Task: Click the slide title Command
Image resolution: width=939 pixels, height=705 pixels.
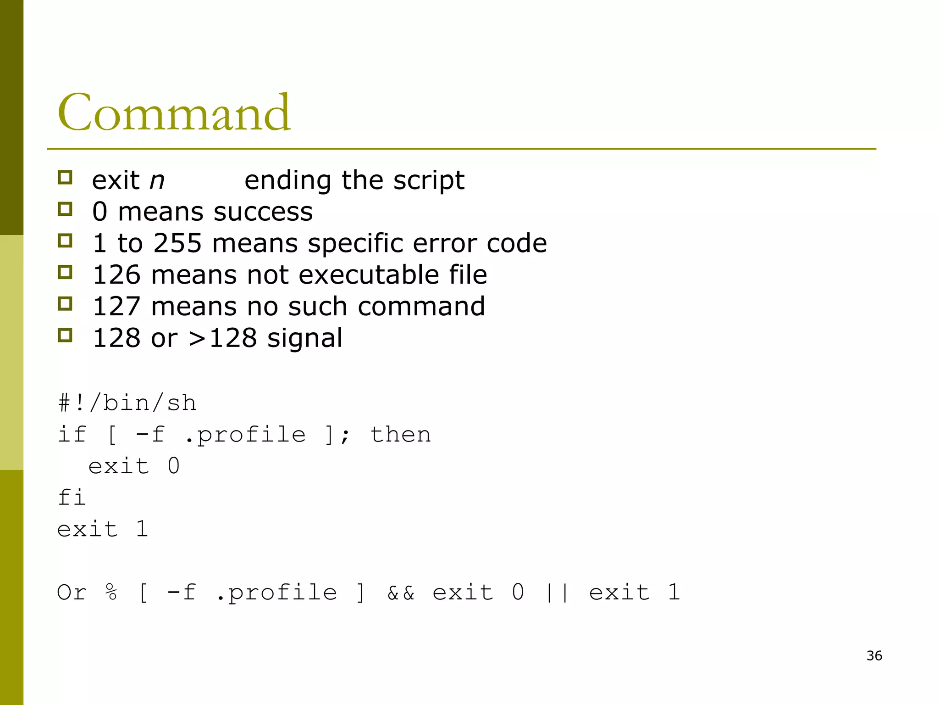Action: tap(174, 112)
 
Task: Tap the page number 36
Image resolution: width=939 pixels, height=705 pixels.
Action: tap(874, 656)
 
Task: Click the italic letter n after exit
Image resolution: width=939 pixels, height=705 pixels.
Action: tap(157, 181)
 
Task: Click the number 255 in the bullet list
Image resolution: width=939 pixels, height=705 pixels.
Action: tap(177, 243)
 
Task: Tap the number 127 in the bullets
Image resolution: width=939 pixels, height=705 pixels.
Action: tap(116, 307)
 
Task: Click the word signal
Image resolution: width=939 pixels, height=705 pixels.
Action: tap(305, 338)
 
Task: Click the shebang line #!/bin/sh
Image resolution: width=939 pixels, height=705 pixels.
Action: tap(127, 403)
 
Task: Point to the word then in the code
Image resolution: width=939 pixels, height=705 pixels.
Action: tap(400, 435)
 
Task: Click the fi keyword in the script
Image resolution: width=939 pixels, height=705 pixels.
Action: tap(72, 498)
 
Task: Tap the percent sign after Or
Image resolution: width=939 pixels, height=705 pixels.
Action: tap(111, 593)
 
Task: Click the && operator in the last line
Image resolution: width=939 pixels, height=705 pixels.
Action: tap(401, 593)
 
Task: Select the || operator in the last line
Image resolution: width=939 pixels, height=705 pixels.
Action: tap(557, 593)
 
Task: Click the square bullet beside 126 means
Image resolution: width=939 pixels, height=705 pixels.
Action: tap(65, 272)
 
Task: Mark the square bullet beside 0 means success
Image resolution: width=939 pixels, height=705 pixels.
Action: tap(65, 209)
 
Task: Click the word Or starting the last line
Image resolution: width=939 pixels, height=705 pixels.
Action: tap(72, 593)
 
